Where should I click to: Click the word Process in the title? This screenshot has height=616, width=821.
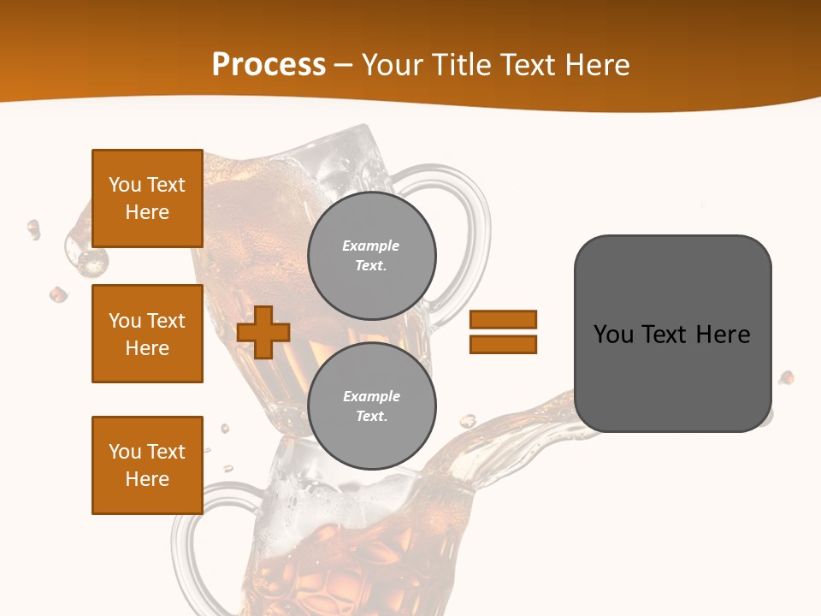click(x=269, y=65)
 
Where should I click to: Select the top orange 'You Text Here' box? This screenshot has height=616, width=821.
click(x=147, y=198)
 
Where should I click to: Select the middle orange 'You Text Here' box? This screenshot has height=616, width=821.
click(x=147, y=334)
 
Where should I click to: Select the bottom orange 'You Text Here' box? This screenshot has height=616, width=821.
click(x=147, y=465)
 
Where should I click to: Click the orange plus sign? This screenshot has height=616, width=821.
click(x=263, y=332)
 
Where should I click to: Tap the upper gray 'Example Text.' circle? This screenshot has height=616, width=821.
click(x=371, y=256)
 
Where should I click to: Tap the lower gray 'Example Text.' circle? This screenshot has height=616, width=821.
click(x=371, y=406)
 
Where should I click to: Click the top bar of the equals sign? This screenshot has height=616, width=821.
click(x=503, y=319)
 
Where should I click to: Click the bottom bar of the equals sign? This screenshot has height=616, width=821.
click(x=503, y=344)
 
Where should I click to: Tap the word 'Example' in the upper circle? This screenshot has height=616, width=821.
click(x=371, y=246)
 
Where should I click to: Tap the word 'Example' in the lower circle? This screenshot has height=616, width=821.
click(x=371, y=396)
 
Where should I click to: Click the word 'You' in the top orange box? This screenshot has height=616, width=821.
click(x=124, y=185)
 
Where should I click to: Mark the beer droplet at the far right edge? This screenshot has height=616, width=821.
click(x=786, y=377)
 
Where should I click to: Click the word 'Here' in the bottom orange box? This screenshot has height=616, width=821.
click(x=147, y=479)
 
